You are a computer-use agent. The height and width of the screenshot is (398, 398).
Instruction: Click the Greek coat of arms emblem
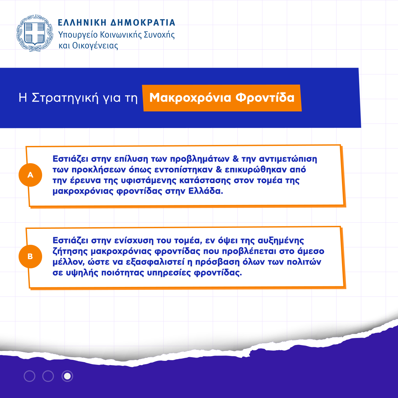34,33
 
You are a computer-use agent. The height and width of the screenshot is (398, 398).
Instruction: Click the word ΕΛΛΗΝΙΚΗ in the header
82,23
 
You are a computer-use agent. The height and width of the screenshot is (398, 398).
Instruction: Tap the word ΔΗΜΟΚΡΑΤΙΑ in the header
143,23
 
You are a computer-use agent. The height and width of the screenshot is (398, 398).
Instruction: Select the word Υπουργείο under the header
78,35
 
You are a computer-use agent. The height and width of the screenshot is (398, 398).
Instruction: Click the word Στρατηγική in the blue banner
65,98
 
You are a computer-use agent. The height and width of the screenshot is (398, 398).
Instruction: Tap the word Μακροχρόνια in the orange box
190,98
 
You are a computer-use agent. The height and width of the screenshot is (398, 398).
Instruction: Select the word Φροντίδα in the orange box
265,97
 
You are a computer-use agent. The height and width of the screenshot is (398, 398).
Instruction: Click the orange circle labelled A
31,175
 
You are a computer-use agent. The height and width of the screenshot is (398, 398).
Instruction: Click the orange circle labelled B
31,256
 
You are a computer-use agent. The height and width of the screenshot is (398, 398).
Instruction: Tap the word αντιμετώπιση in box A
288,159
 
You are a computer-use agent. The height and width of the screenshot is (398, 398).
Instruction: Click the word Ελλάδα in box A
206,191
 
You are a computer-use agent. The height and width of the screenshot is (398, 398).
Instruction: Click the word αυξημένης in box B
281,241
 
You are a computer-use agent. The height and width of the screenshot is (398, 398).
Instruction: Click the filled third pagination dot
67,376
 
